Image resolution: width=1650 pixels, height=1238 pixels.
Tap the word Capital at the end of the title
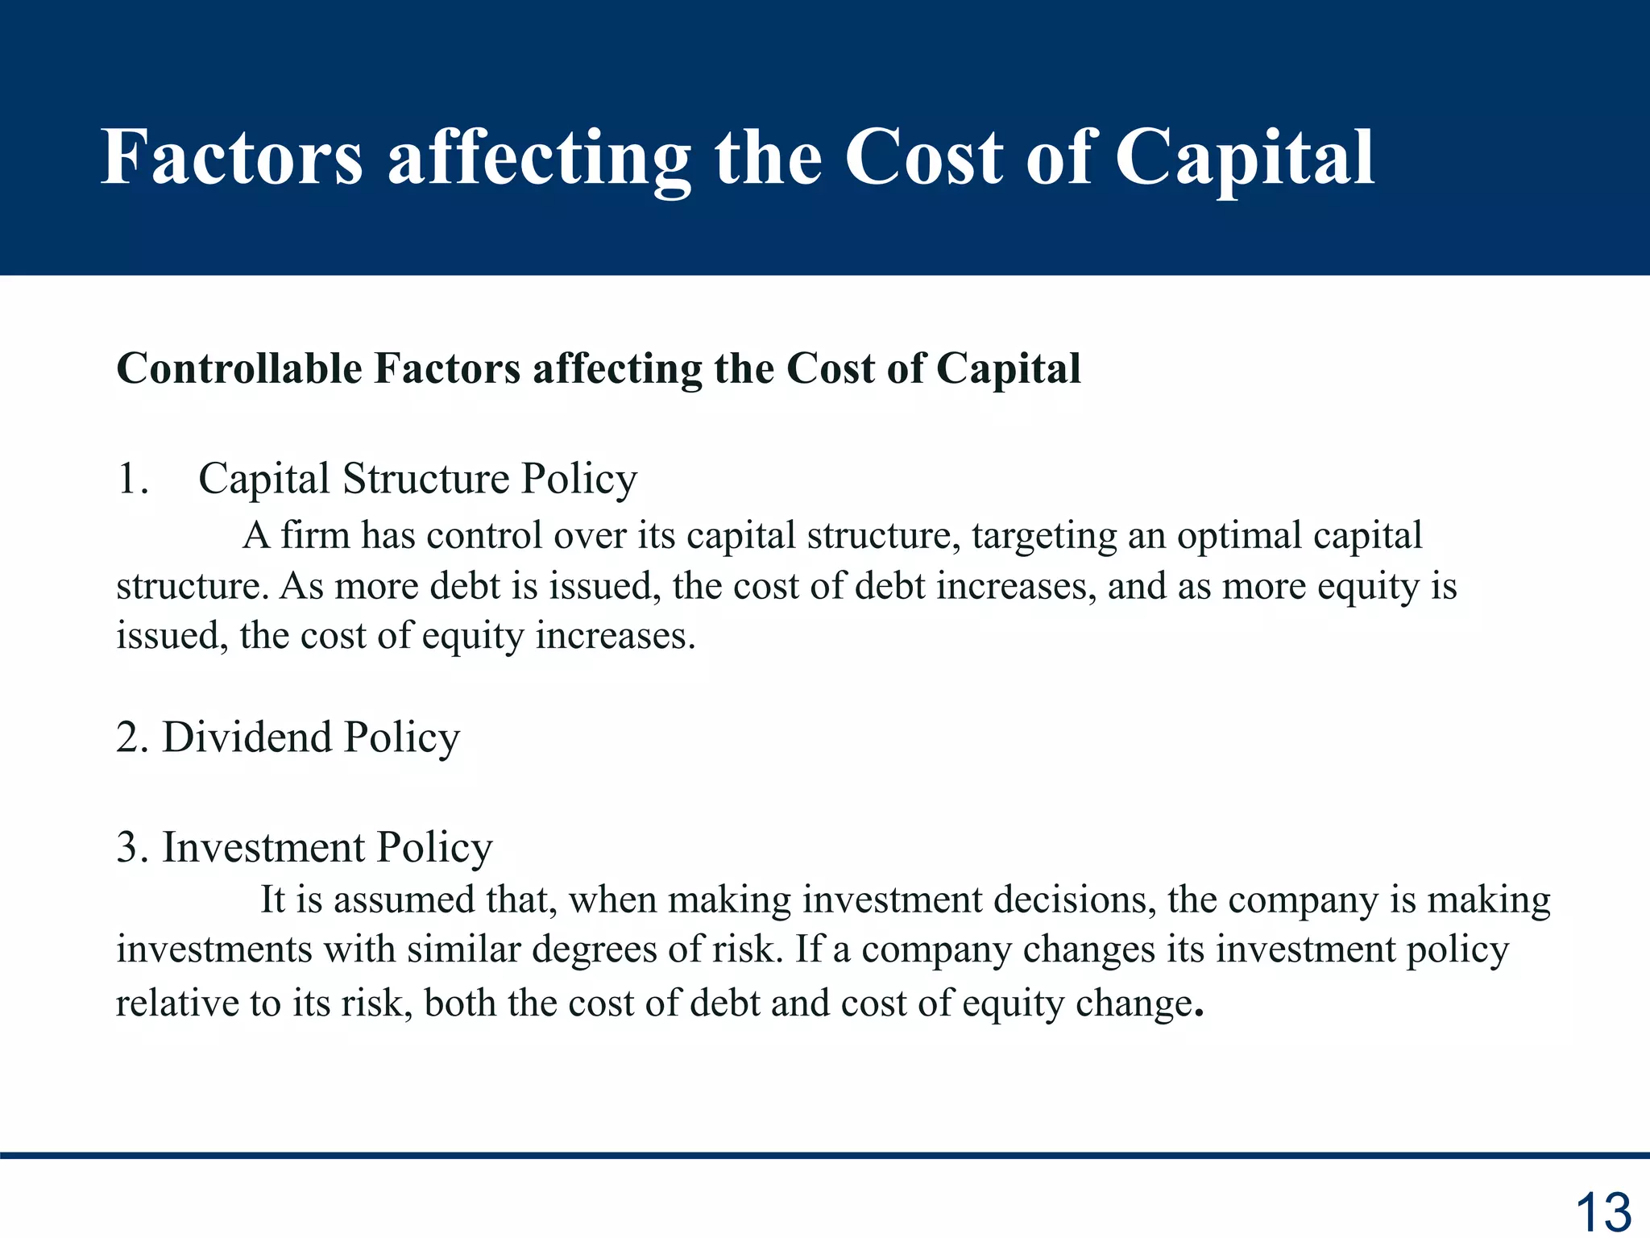coord(1245,159)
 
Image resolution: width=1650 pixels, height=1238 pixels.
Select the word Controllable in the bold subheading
coord(239,369)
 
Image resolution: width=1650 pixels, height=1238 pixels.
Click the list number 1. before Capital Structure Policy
coord(133,479)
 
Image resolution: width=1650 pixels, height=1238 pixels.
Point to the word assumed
coord(404,899)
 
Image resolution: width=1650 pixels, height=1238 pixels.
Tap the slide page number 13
coord(1602,1211)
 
